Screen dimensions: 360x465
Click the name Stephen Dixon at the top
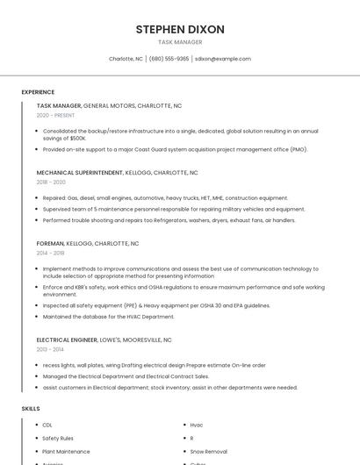pyautogui.click(x=180, y=29)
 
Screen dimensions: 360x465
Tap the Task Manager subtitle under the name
pyautogui.click(x=180, y=42)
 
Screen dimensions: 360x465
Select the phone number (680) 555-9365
pyautogui.click(x=169, y=59)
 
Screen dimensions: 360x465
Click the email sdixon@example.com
pyautogui.click(x=223, y=59)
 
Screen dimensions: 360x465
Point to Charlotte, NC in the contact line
pyautogui.click(x=126, y=59)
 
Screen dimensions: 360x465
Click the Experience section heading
pyautogui.click(x=38, y=92)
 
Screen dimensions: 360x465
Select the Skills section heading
pyautogui.click(x=31, y=409)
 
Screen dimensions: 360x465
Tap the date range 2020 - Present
pyautogui.click(x=56, y=115)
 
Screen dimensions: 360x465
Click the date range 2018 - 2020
pyautogui.click(x=51, y=182)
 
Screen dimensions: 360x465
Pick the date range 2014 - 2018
pyautogui.click(x=51, y=253)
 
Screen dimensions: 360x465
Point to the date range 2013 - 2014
pyautogui.click(x=50, y=349)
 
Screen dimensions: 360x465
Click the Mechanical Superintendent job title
pyautogui.click(x=80, y=173)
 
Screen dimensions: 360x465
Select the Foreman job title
pyautogui.click(x=50, y=243)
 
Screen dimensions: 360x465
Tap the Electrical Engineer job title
pyautogui.click(x=67, y=340)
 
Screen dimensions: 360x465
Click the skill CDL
pyautogui.click(x=47, y=425)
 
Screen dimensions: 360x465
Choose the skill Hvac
pyautogui.click(x=197, y=425)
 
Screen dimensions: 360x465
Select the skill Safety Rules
pyautogui.click(x=58, y=438)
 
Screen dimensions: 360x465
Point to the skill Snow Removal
pyautogui.click(x=208, y=451)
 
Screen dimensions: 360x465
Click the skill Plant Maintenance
pyautogui.click(x=66, y=451)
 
